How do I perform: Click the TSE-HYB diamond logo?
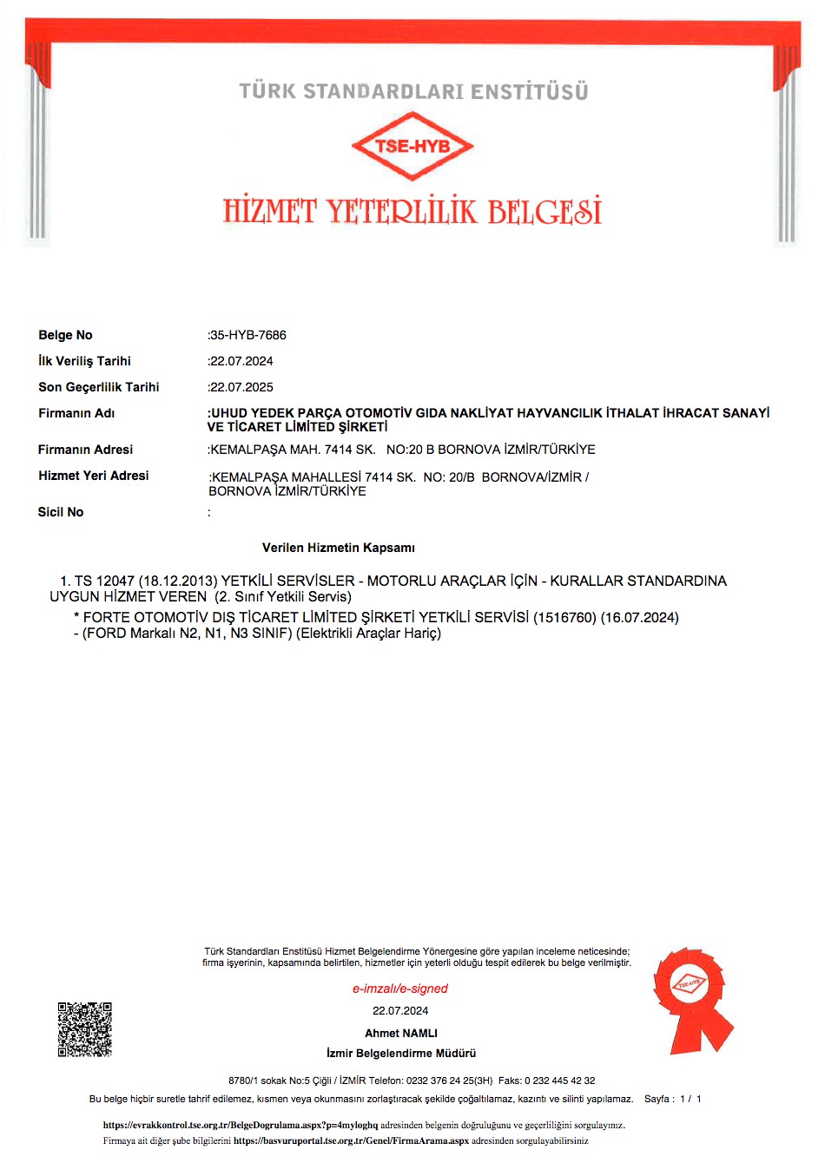point(412,146)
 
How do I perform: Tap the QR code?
point(85,1029)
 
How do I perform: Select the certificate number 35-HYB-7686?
point(248,335)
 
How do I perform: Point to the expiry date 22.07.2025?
point(241,387)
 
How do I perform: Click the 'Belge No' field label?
point(65,335)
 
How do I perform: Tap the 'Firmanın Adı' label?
point(76,413)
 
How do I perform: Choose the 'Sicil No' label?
point(61,512)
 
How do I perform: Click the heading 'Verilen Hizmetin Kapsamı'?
point(339,548)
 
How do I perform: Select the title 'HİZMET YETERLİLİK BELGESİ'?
point(412,211)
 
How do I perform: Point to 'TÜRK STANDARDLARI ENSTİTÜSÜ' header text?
point(413,91)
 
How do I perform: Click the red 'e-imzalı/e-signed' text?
point(400,989)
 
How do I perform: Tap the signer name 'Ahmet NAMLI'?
point(401,1033)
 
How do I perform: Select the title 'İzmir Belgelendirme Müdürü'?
point(401,1053)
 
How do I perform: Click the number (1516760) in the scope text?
point(564,617)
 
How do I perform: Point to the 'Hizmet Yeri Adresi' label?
point(94,476)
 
